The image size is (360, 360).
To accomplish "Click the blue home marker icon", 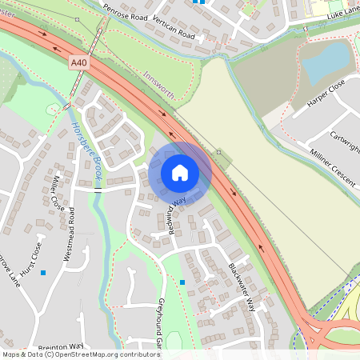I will [180, 173].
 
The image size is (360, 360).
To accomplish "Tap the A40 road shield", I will [78, 62].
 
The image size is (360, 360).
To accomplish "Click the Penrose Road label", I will [127, 16].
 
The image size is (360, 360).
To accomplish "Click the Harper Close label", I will [326, 94].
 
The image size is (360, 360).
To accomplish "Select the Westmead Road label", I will [70, 234].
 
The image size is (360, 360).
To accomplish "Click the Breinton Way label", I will [60, 346].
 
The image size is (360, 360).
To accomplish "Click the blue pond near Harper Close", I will [326, 62].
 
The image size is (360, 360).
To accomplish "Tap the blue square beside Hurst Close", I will [43, 273].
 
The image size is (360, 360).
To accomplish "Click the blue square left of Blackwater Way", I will [182, 282].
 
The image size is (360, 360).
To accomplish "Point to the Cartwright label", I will [344, 141].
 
